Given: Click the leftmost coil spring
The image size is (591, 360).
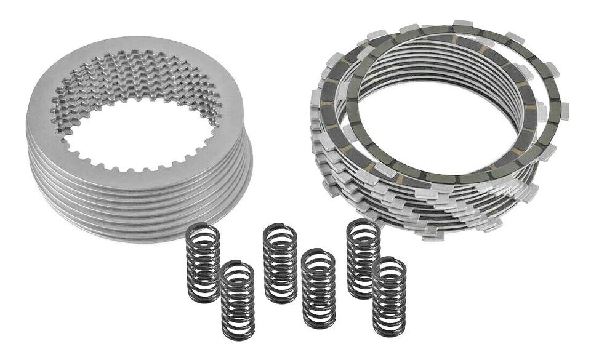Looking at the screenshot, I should click(203, 262).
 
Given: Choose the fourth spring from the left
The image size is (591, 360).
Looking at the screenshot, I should click(319, 288).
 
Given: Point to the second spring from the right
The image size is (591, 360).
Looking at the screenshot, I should click(363, 258).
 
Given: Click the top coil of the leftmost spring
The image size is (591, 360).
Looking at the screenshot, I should click(203, 229).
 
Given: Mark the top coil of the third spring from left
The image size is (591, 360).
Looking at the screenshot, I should click(280, 230).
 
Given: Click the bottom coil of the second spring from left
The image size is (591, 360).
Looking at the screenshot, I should click(238, 333).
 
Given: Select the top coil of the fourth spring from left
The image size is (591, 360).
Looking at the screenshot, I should click(319, 255).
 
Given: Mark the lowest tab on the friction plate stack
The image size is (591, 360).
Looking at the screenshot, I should click(431, 234).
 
